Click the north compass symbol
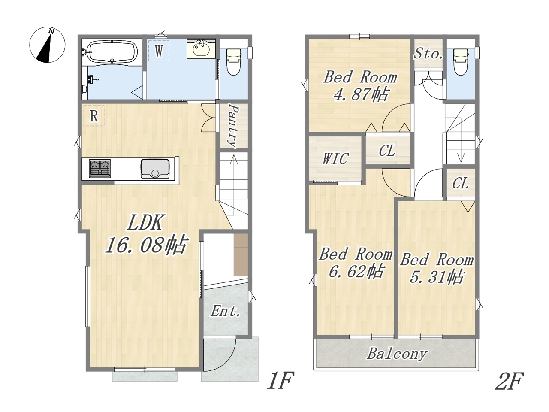click(47, 45)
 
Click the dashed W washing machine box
click(159, 51)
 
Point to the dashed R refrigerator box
click(94, 115)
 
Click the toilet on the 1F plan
click(233, 61)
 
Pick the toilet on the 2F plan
click(461, 61)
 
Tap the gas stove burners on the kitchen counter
click(100, 168)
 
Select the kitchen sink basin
click(155, 169)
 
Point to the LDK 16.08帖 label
click(146, 233)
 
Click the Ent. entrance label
click(226, 312)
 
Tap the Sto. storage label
click(428, 53)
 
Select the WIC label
click(335, 158)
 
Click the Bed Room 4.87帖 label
click(360, 86)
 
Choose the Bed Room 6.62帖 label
click(356, 263)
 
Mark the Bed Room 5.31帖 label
click(437, 268)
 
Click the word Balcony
click(397, 354)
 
